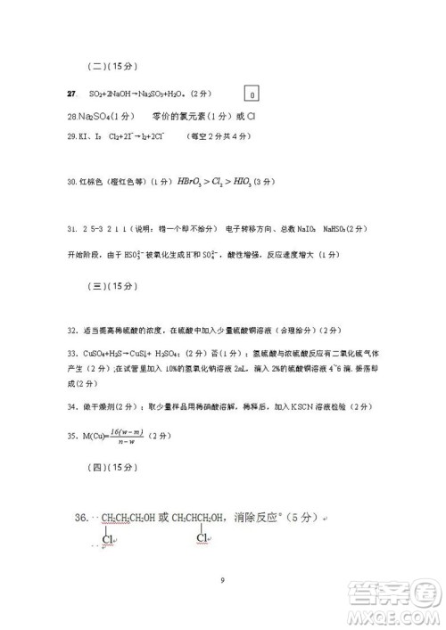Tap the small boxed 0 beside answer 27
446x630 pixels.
(252, 94)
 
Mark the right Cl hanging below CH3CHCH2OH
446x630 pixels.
(202, 539)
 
